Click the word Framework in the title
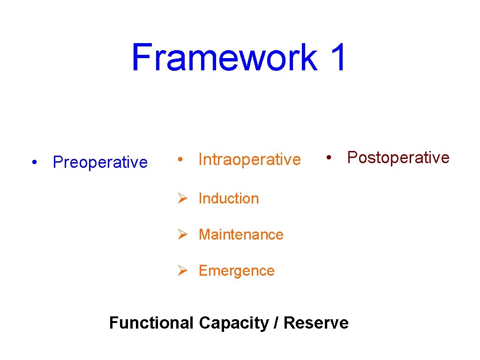click(x=224, y=58)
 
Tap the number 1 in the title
click(x=337, y=58)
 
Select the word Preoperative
click(x=100, y=162)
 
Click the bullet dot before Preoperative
click(x=35, y=163)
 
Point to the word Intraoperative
click(x=249, y=160)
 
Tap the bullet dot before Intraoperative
click(x=180, y=160)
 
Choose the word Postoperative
click(x=398, y=157)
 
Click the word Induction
click(x=228, y=199)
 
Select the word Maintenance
click(x=241, y=234)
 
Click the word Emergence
click(x=236, y=270)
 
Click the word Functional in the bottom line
click(x=151, y=323)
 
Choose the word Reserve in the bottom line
click(x=316, y=323)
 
